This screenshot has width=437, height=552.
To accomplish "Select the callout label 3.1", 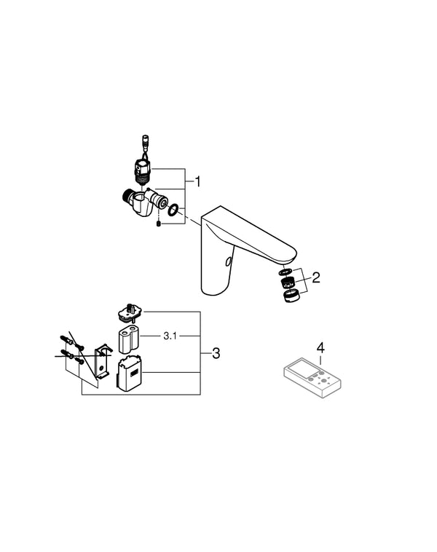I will click(x=170, y=336).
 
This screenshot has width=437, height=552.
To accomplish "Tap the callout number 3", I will click(x=216, y=354).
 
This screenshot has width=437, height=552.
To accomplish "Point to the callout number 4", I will click(x=319, y=347).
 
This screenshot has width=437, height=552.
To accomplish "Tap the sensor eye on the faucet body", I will click(x=229, y=261).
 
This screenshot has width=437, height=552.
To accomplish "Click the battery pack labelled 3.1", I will click(x=128, y=338).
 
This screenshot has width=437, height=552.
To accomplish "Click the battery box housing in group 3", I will click(x=130, y=372).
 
